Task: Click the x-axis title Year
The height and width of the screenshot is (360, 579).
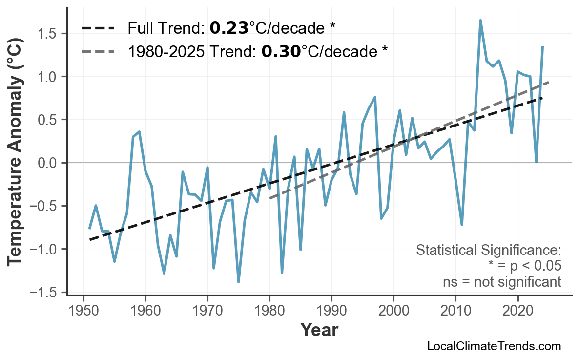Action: tap(318, 330)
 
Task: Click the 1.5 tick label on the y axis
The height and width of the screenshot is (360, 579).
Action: tap(47, 34)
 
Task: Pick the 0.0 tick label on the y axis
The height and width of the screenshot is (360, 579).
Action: tap(47, 163)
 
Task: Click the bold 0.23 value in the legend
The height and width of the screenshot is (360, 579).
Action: tap(229, 28)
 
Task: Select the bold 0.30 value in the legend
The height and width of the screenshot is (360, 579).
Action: tap(281, 51)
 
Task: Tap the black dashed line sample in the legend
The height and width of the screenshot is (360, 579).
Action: tap(98, 28)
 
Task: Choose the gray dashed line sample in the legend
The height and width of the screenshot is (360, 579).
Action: tap(98, 51)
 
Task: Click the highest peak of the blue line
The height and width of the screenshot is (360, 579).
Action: tap(480, 21)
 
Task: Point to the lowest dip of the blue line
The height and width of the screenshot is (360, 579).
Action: tap(238, 282)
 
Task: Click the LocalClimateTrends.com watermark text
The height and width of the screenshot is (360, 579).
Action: tap(494, 346)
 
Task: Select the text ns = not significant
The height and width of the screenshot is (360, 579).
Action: tap(501, 282)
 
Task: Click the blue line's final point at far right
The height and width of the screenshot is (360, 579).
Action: tap(542, 47)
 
